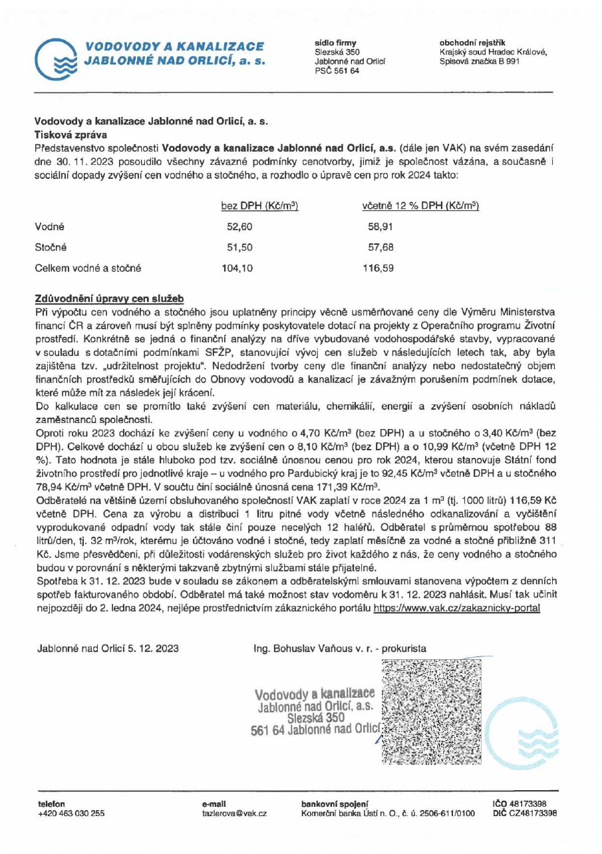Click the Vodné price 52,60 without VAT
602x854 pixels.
tap(239, 226)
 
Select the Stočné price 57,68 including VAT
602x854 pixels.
tap(380, 247)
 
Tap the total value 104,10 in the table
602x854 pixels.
tap(239, 268)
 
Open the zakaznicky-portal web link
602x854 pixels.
tap(456, 607)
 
